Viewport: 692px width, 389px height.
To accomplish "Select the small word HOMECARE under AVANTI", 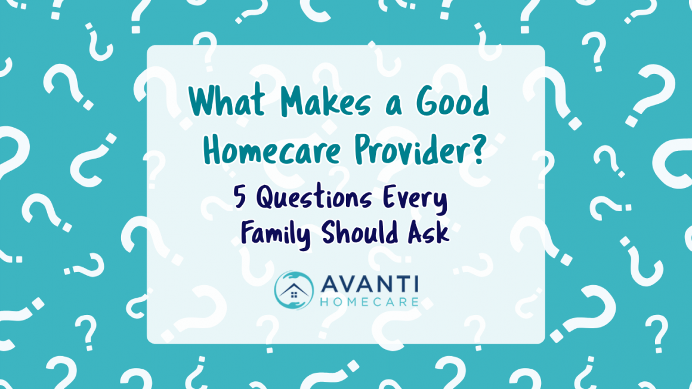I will tap(368, 300).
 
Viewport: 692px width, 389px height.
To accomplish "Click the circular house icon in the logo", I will tap(294, 291).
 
